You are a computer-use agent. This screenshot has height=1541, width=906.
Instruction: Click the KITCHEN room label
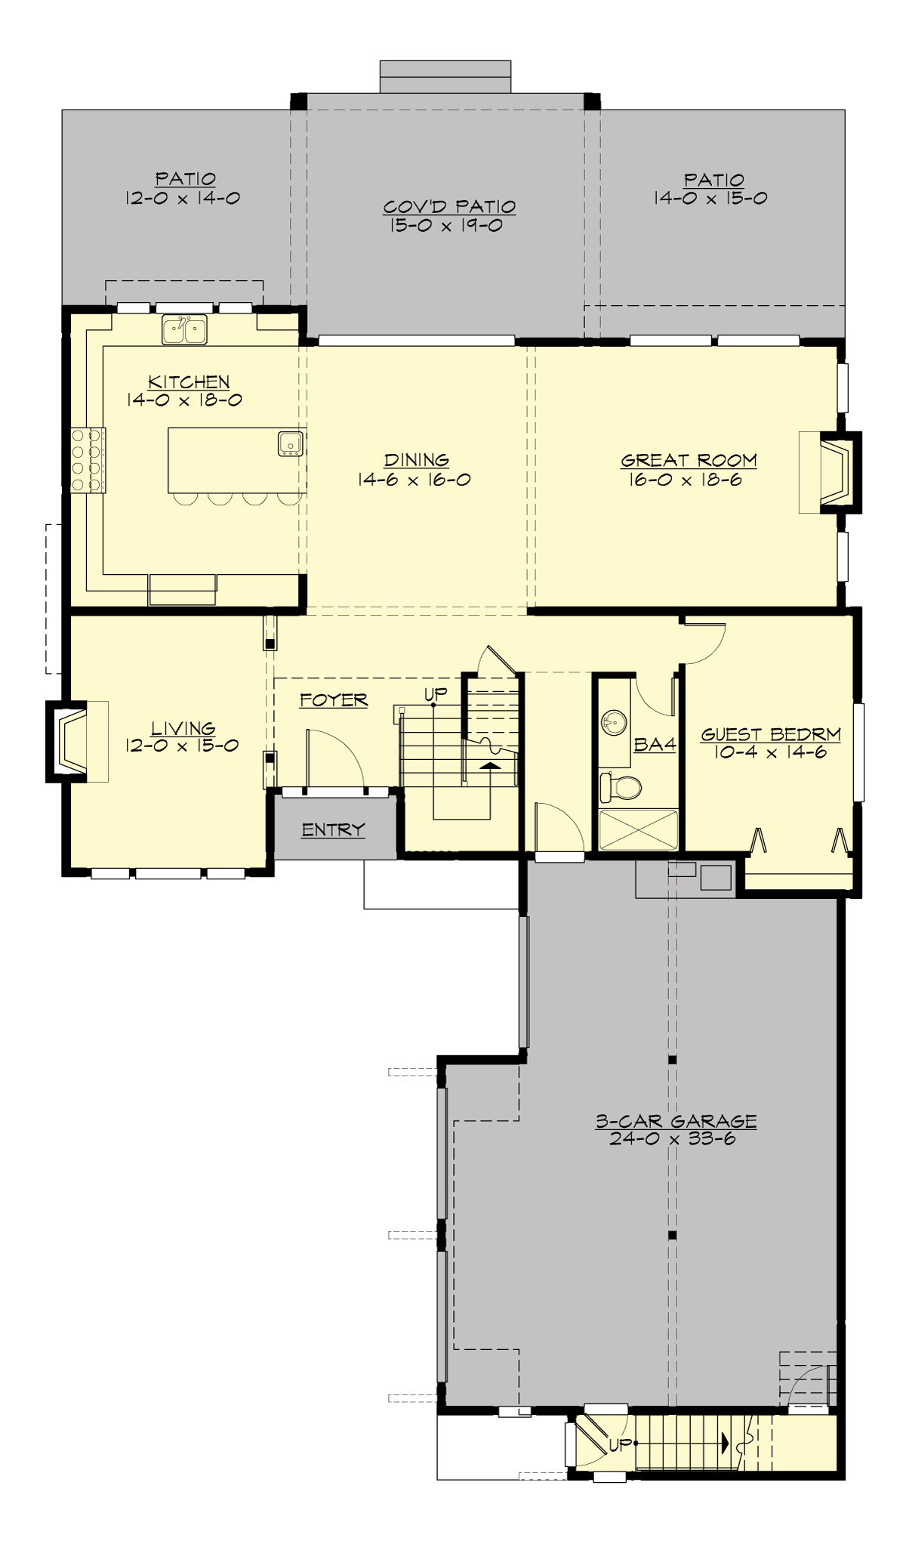[189, 381]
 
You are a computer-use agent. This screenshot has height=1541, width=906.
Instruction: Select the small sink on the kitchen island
[290, 443]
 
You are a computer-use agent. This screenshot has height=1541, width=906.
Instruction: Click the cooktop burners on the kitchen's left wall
[88, 460]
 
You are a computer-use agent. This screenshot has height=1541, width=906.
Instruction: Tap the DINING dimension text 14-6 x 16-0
[417, 479]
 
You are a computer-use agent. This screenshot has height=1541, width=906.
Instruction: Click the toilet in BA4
[620, 786]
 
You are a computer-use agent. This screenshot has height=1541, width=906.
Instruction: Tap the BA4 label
[654, 745]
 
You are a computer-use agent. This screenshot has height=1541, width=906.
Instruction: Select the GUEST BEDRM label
[771, 733]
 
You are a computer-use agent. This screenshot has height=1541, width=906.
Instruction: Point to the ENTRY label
[333, 829]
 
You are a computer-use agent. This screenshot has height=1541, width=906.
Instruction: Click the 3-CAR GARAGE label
[676, 1121]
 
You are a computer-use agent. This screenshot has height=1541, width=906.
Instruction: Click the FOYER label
[333, 700]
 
